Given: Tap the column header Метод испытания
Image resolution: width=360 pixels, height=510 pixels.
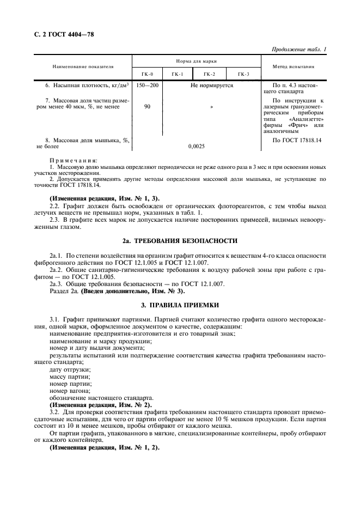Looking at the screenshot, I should pos(295,66).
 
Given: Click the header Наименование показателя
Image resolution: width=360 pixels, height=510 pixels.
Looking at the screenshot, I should pos(83,66).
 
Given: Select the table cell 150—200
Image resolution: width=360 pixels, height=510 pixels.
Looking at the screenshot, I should pos(147,86).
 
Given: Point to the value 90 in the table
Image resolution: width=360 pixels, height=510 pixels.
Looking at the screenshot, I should pos(147,107).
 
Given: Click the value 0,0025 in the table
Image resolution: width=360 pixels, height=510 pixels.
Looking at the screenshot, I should pos(196,147).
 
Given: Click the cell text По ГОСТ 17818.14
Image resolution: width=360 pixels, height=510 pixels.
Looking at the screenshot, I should pos(296,140).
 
